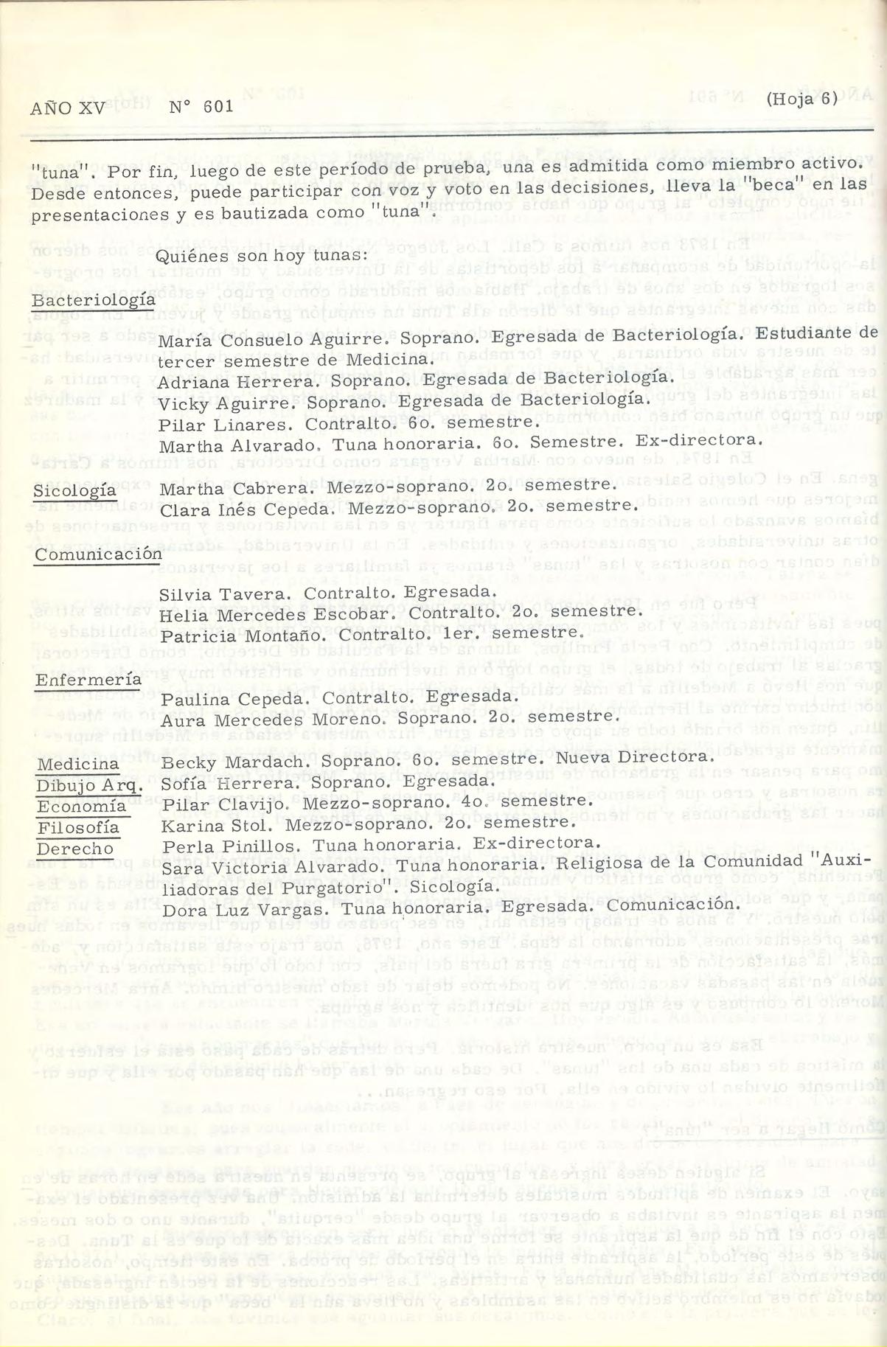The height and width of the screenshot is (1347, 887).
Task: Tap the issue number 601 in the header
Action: click(218, 106)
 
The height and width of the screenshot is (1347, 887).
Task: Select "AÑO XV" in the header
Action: click(68, 108)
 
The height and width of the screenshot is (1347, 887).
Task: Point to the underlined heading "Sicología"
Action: click(74, 490)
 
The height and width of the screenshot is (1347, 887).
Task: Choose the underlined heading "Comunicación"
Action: click(98, 554)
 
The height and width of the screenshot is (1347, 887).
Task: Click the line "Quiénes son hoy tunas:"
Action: click(262, 256)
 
